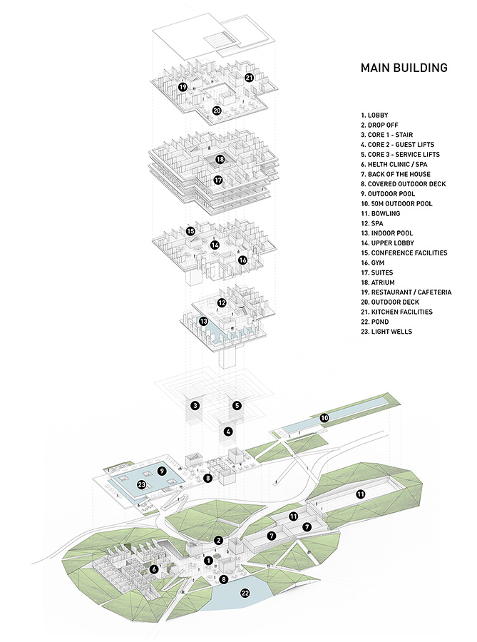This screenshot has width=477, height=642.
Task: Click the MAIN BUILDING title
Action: (404, 68)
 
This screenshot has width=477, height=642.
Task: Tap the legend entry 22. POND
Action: (376, 322)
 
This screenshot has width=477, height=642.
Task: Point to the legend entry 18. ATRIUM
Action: (379, 282)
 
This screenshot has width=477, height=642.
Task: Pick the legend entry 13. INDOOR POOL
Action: (387, 233)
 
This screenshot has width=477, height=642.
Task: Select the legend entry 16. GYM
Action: (375, 263)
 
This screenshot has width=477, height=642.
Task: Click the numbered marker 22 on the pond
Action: (246, 593)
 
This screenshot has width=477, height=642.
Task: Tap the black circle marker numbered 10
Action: (324, 418)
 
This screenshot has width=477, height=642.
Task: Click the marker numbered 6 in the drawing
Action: (154, 569)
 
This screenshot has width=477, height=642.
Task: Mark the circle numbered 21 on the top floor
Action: (249, 78)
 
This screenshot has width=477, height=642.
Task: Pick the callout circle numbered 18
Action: (220, 159)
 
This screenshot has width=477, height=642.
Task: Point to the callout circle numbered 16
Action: (242, 260)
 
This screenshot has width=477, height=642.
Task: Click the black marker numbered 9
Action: (162, 472)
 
